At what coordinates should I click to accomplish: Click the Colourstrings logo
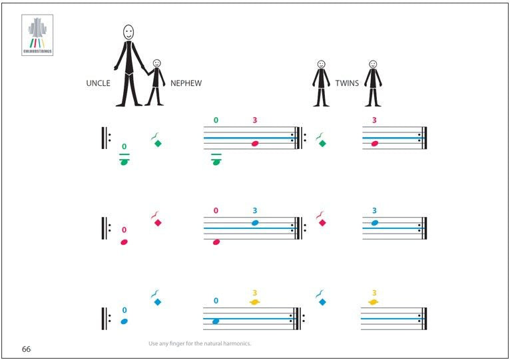click(x=37, y=36)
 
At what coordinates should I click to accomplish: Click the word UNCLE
click(x=98, y=83)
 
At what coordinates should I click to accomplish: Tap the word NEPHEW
click(x=186, y=83)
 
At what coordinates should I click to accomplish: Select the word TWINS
click(x=347, y=83)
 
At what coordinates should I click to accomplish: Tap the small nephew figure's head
click(x=156, y=63)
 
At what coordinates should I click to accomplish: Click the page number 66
click(x=26, y=349)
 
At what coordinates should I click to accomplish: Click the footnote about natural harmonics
click(x=199, y=343)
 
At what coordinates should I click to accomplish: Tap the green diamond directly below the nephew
click(x=157, y=143)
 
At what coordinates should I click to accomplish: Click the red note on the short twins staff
click(x=374, y=143)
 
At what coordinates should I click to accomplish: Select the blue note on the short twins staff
click(x=374, y=223)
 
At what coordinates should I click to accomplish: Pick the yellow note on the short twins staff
click(x=374, y=303)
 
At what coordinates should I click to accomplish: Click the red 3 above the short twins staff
click(x=374, y=120)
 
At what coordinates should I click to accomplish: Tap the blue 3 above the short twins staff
click(x=374, y=211)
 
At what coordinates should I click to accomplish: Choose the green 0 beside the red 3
click(x=216, y=120)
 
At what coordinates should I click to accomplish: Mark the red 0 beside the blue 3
click(x=216, y=211)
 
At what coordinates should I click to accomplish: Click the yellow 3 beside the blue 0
click(x=254, y=292)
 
